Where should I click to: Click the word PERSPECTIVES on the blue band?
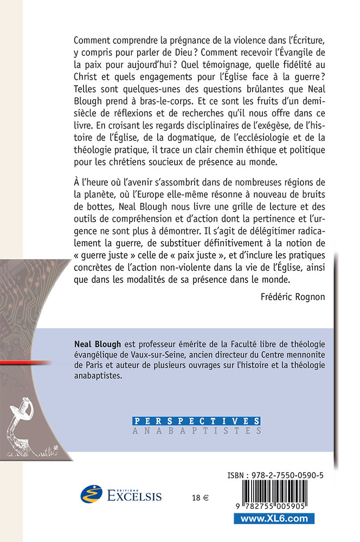(x=196, y=421)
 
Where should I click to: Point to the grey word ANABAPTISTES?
(x=196, y=431)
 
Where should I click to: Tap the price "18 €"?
(x=200, y=498)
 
